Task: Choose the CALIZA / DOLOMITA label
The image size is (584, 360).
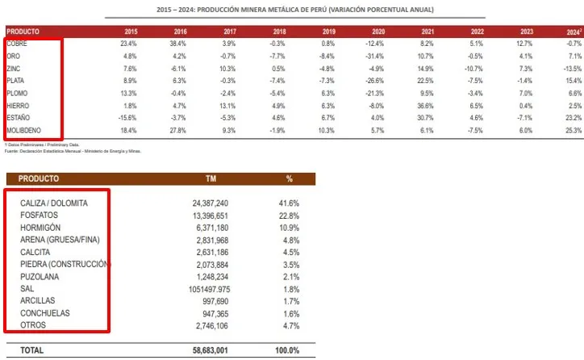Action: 54,203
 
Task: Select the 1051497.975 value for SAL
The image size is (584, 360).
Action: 202,288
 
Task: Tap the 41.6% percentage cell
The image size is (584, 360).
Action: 289,203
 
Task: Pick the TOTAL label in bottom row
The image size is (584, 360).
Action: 32,350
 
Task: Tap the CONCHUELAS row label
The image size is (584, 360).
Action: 45,312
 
